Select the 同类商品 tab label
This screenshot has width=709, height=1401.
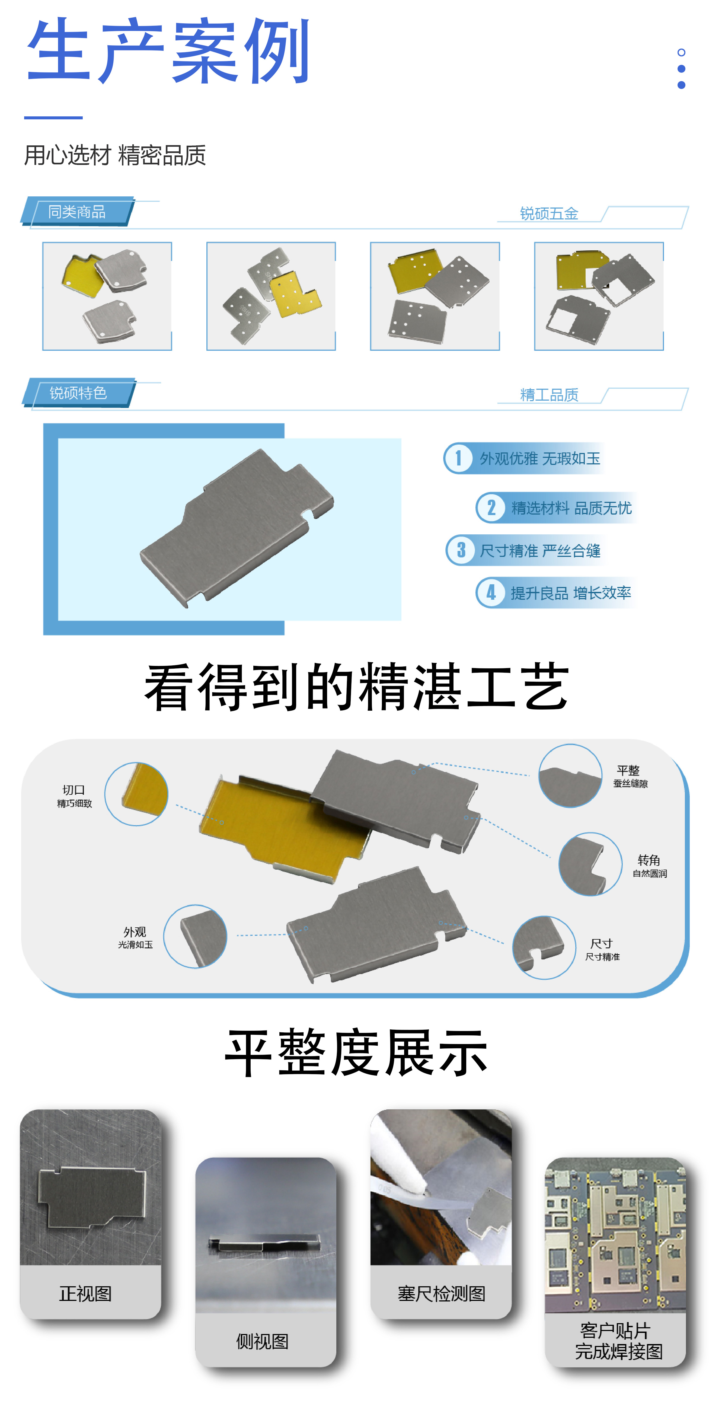(x=77, y=212)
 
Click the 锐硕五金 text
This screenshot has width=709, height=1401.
(x=549, y=213)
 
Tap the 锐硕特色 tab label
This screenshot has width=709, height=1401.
(x=78, y=393)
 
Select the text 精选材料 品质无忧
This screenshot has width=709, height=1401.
(x=571, y=508)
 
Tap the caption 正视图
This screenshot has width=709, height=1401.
(x=85, y=1293)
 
